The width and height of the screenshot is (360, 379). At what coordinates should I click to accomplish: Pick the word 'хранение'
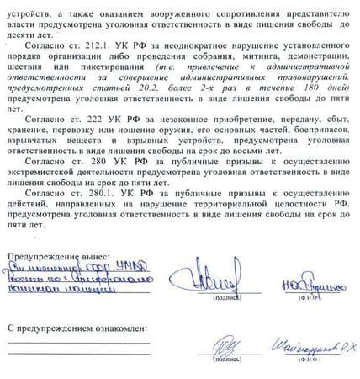pos(30,132)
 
